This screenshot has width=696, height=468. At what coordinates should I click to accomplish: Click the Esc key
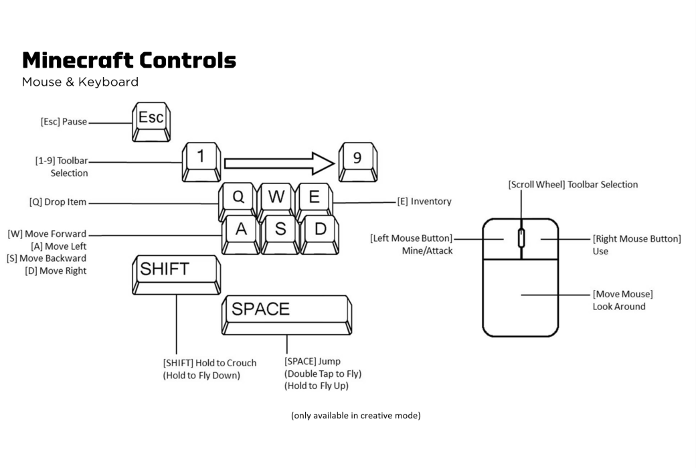click(151, 120)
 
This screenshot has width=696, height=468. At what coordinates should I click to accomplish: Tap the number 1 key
click(201, 161)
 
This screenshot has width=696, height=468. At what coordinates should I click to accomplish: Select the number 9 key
click(357, 161)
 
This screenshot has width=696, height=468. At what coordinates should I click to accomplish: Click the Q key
click(238, 199)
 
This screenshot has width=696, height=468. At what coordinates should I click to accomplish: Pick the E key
click(314, 199)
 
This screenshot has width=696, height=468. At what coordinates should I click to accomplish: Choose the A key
click(240, 231)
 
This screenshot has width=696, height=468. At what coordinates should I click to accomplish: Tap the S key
click(280, 231)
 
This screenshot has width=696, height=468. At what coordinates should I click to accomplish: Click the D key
click(320, 231)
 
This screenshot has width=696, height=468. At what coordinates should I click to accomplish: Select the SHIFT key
click(176, 272)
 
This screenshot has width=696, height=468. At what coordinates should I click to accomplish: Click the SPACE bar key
click(286, 312)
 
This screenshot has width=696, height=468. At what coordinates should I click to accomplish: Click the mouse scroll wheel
click(521, 238)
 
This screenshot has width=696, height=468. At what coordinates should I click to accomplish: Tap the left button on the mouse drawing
click(501, 239)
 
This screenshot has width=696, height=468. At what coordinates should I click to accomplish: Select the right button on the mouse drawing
click(541, 239)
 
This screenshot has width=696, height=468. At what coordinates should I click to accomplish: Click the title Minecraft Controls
click(129, 61)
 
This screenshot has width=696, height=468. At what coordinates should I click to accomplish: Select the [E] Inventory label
click(424, 201)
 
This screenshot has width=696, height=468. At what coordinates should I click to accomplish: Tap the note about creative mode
click(355, 415)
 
